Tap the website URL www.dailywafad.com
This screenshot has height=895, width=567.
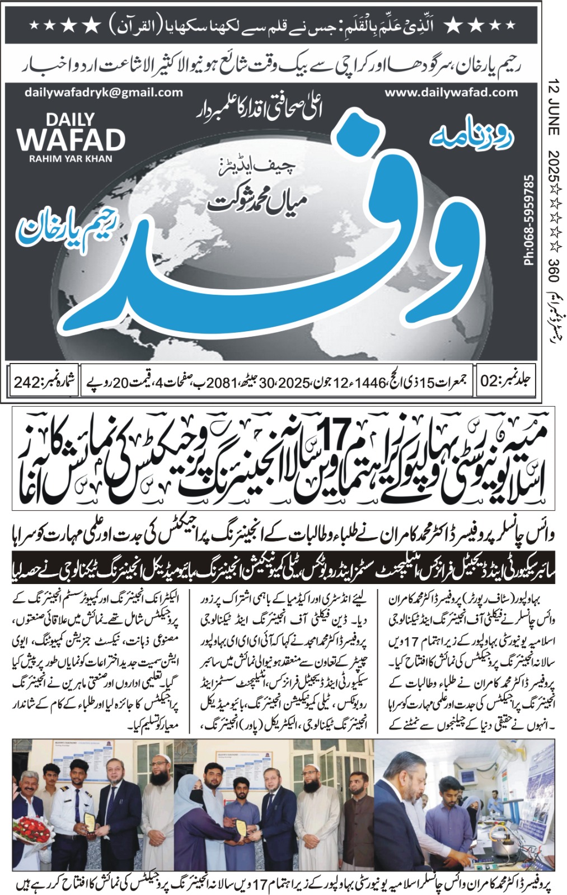click(450, 93)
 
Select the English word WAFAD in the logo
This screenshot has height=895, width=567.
click(71, 139)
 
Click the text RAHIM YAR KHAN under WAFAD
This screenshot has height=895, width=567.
click(71, 159)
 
